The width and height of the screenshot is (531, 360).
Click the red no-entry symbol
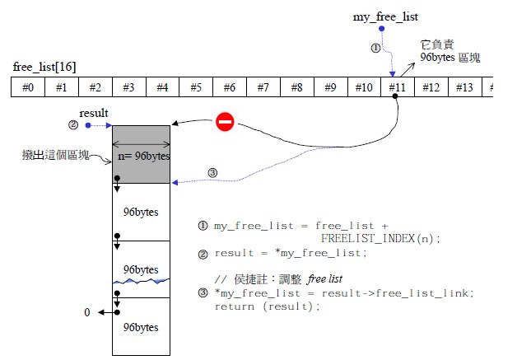tap(225, 123)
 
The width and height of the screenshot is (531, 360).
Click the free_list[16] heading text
tap(45, 66)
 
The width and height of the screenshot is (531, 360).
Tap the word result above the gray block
tap(94, 112)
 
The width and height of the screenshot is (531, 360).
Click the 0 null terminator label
tap(87, 313)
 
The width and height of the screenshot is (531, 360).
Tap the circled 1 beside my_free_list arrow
tap(376, 48)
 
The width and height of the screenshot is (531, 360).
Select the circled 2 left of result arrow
tap(73, 125)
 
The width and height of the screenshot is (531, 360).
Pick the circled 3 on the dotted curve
tap(212, 172)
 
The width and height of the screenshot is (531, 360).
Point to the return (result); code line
tap(267, 306)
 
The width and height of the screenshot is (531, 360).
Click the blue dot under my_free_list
tap(380, 29)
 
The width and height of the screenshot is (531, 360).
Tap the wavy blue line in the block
tap(141, 282)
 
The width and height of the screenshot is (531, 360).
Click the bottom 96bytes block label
tap(141, 327)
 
